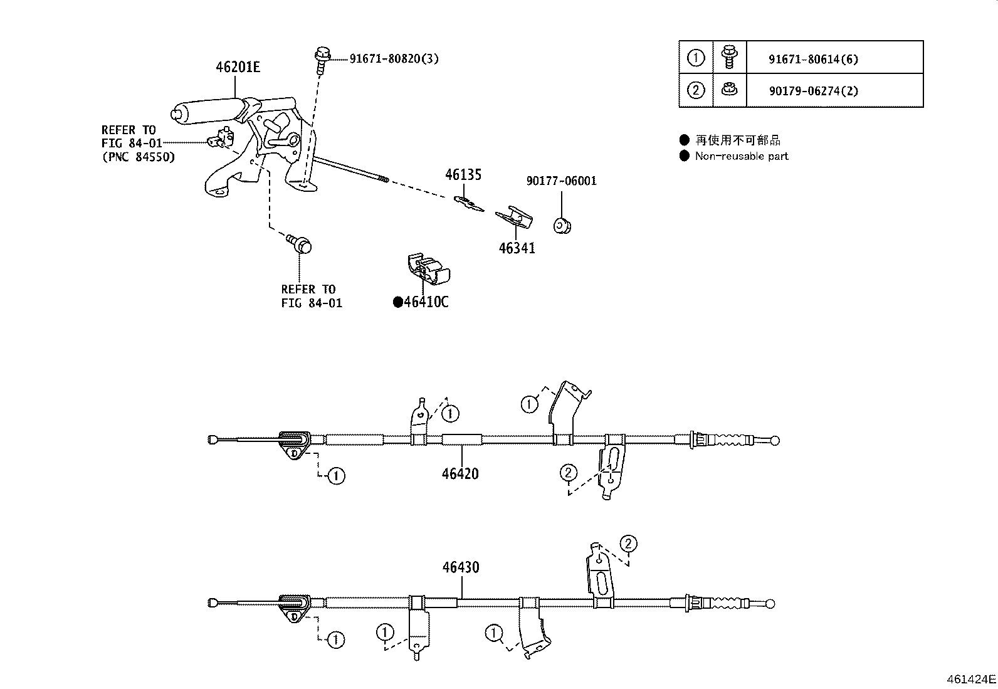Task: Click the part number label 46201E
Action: pos(238,67)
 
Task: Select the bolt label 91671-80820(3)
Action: pos(394,59)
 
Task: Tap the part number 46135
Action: pos(463,175)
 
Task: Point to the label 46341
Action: pos(517,248)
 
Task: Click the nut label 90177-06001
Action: pos(561,181)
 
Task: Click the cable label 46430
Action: pos(461,567)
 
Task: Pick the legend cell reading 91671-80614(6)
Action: pos(813,60)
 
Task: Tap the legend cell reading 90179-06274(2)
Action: pos(813,91)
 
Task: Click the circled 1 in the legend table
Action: pos(696,58)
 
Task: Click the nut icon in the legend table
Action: pos(728,90)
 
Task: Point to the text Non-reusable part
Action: pos(741,156)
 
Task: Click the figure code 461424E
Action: pos(970,679)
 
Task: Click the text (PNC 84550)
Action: pos(138,157)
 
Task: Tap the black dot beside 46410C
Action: pos(397,303)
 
